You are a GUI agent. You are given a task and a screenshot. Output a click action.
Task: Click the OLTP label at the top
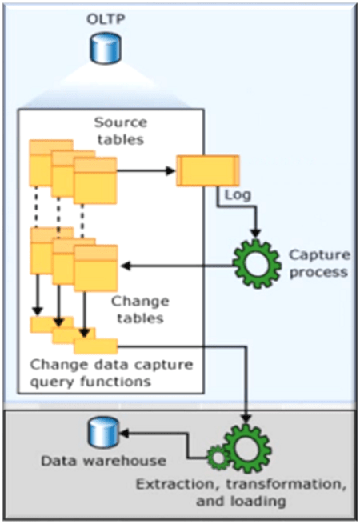pyautogui.click(x=106, y=19)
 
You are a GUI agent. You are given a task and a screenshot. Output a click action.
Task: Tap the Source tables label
pyautogui.click(x=120, y=130)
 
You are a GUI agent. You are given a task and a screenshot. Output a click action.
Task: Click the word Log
pyautogui.click(x=238, y=195)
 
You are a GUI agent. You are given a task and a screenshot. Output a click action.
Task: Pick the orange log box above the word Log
pyautogui.click(x=208, y=170)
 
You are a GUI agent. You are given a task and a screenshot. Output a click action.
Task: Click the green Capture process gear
pyautogui.click(x=257, y=264)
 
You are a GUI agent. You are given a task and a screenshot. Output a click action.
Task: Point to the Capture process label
pyautogui.click(x=319, y=263)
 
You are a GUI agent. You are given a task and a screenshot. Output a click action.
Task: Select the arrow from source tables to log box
pyautogui.click(x=146, y=170)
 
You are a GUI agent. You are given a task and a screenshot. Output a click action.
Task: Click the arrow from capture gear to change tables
pyautogui.click(x=177, y=266)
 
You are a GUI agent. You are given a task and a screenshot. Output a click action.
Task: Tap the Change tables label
pyautogui.click(x=140, y=310)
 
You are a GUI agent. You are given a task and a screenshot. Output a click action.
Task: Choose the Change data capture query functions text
pyautogui.click(x=111, y=373)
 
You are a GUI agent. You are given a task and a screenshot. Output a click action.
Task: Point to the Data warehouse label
pyautogui.click(x=104, y=461)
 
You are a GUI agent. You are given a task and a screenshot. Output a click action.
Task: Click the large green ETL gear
pyautogui.click(x=246, y=448)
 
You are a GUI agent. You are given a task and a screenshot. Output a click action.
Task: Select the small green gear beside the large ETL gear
pyautogui.click(x=219, y=458)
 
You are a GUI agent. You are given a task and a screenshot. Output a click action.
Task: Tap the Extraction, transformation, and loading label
pyautogui.click(x=241, y=493)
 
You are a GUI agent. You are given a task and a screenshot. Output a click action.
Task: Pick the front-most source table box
pyautogui.click(x=95, y=181)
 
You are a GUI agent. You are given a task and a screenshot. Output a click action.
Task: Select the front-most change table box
pyautogui.click(x=95, y=268)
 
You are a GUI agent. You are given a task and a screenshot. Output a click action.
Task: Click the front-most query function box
pyautogui.click(x=96, y=346)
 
